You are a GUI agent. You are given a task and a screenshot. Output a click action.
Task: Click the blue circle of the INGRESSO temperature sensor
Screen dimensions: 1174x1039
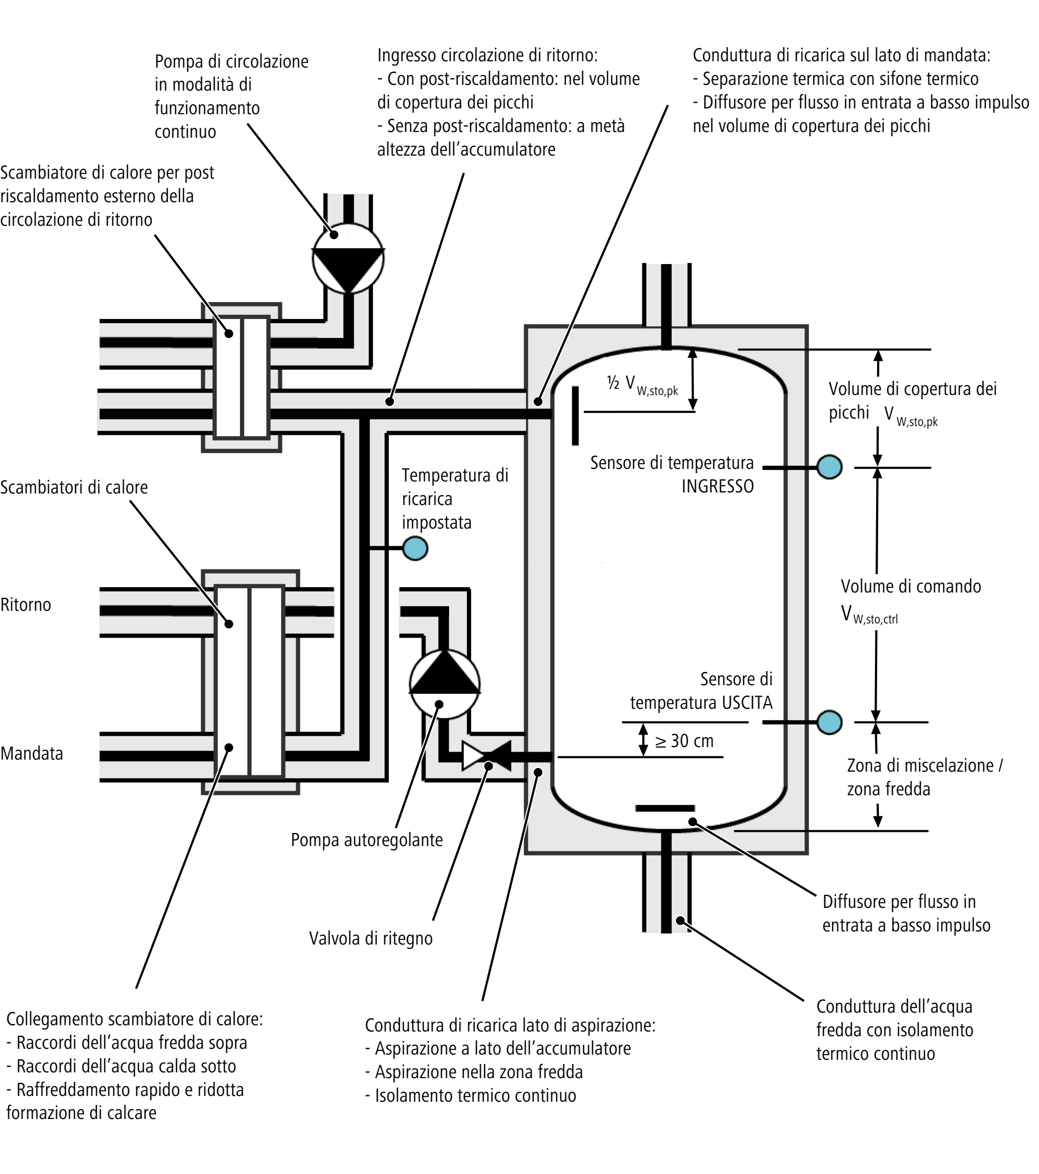[829, 467]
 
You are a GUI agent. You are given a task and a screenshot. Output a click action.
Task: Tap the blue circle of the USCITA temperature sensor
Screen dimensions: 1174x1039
[829, 722]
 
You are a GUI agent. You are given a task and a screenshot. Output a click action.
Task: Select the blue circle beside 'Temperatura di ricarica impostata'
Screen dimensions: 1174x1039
[415, 548]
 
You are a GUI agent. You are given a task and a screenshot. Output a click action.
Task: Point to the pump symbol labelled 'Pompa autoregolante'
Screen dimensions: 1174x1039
[444, 684]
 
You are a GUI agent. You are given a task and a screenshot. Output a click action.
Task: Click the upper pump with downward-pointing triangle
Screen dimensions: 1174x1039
[348, 258]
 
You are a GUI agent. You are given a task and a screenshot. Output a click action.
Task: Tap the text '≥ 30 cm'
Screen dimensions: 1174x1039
[684, 741]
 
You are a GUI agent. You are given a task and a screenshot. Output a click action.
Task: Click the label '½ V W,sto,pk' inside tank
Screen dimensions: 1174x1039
[642, 385]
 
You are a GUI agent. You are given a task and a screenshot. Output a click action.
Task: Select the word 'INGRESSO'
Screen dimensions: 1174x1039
[717, 487]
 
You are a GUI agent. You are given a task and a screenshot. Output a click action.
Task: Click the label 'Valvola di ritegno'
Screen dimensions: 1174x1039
[371, 938]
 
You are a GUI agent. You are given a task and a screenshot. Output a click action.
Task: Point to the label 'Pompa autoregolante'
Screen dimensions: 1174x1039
[366, 840]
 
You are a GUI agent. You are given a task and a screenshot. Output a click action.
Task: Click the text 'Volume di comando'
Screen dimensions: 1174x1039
[911, 586]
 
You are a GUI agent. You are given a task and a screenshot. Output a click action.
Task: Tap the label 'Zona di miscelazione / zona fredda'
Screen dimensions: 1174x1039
[925, 777]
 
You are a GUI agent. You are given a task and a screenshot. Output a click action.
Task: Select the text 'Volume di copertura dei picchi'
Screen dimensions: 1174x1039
[912, 401]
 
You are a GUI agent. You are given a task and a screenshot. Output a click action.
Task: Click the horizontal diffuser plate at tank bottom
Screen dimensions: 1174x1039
[665, 808]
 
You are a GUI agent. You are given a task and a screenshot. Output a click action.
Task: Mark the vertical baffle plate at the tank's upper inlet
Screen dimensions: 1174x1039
[575, 415]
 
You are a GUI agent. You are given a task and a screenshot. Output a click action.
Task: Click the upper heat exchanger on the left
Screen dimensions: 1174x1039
[241, 377]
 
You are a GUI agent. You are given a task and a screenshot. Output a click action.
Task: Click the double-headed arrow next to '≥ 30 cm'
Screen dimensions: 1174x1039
[643, 740]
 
